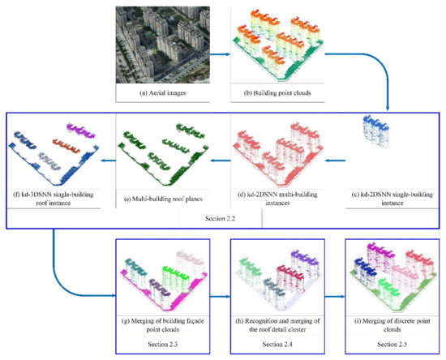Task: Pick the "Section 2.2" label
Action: click(x=223, y=218)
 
